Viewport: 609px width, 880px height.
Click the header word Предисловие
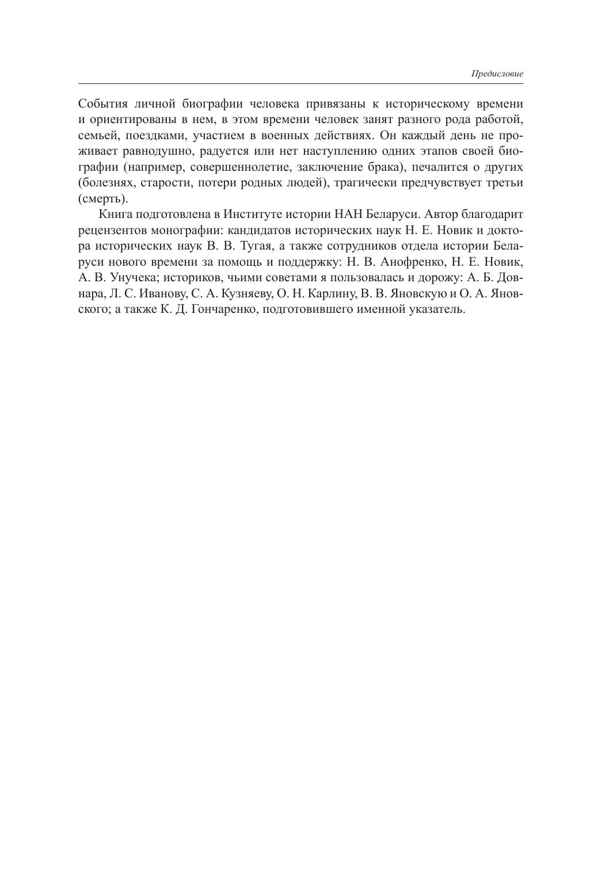497,74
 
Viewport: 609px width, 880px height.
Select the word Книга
115,215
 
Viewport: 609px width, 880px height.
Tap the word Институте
251,215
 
